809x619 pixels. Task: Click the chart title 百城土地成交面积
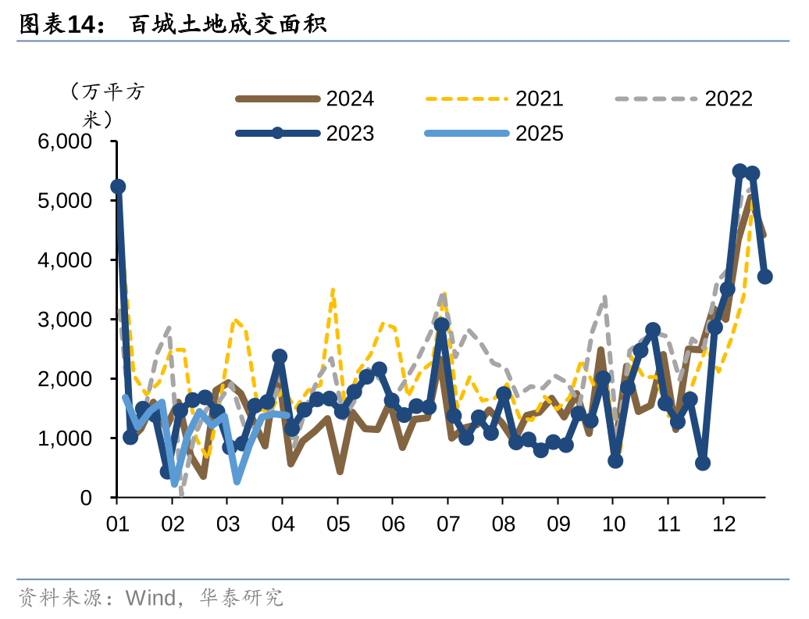[227, 25]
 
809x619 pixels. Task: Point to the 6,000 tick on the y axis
[64, 141]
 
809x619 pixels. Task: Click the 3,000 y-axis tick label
[64, 320]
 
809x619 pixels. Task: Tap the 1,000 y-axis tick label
[64, 438]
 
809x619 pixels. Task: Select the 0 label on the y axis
[85, 498]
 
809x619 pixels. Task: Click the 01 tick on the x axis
[117, 523]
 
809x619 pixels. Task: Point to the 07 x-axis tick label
[447, 523]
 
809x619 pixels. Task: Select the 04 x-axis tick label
[282, 523]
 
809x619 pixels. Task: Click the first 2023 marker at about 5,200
[118, 186]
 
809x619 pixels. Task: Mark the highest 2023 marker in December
[740, 171]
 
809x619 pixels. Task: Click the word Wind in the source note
[151, 599]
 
